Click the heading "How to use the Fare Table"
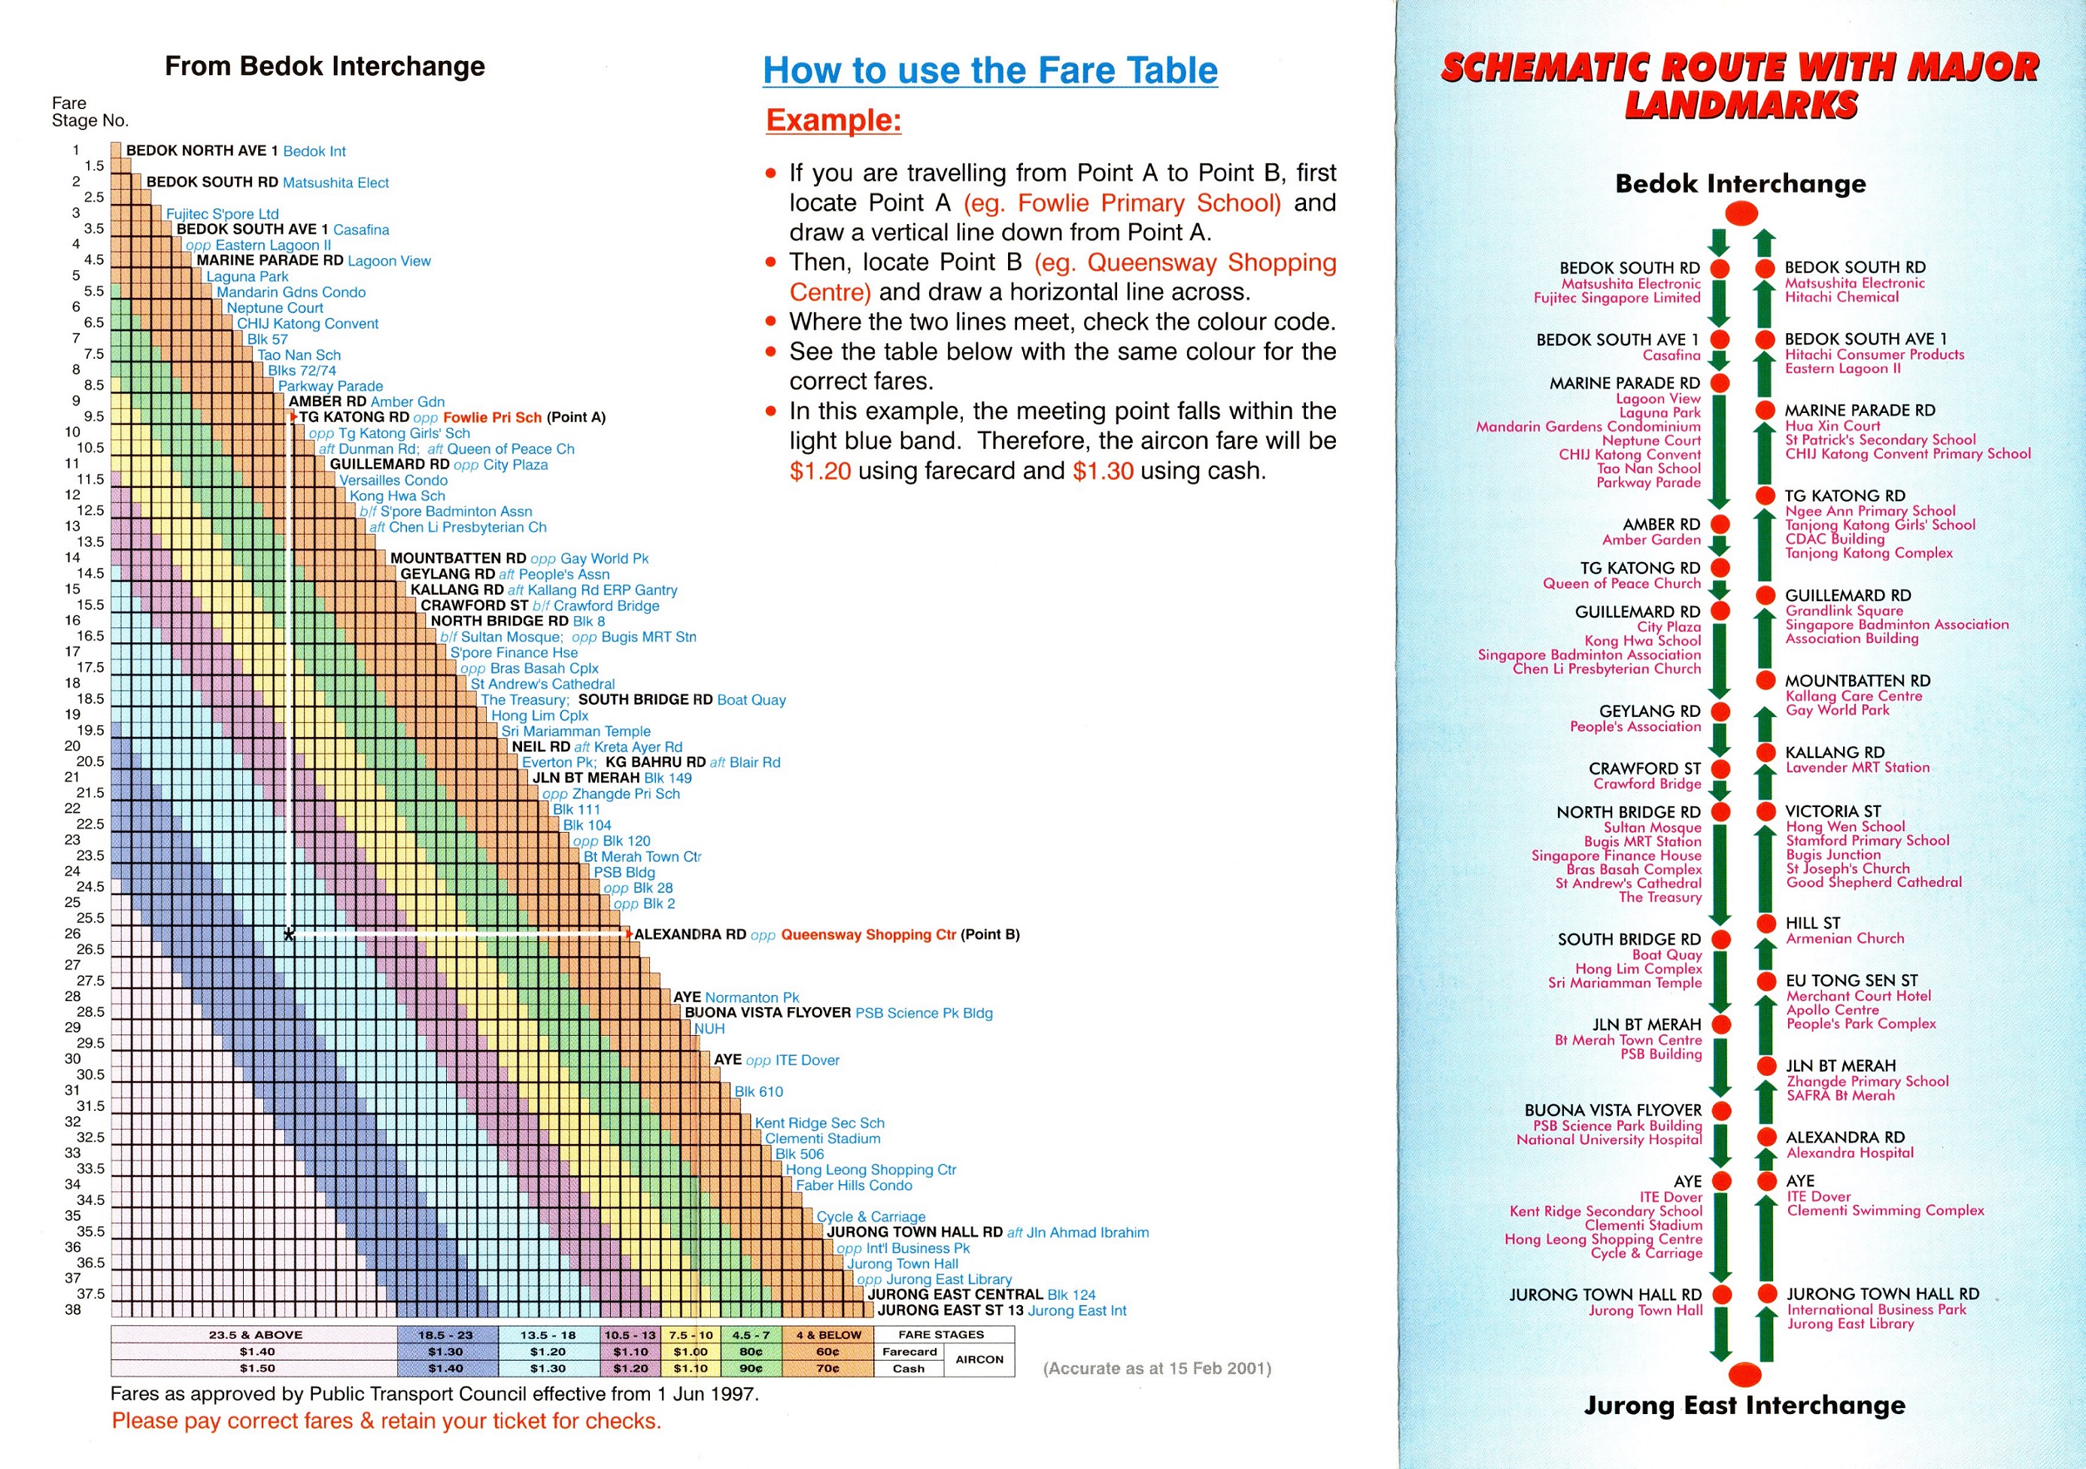click(x=989, y=71)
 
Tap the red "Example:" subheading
click(x=833, y=120)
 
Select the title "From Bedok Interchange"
click(x=324, y=66)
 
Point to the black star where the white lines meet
click(x=289, y=935)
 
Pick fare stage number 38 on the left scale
click(x=73, y=1309)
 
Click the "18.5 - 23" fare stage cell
click(x=446, y=1334)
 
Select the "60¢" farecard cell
click(x=827, y=1352)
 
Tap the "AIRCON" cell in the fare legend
click(x=979, y=1360)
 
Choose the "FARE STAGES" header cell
click(x=941, y=1334)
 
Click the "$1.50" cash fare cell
click(x=257, y=1368)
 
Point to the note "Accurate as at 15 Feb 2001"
click(x=1156, y=1368)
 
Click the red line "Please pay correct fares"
click(x=386, y=1421)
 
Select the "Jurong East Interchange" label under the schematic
click(x=1744, y=1405)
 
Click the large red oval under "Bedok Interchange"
click(x=1741, y=214)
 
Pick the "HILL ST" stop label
click(x=1812, y=923)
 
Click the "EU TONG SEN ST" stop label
click(x=1851, y=980)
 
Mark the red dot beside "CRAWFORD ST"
click(x=1720, y=769)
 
